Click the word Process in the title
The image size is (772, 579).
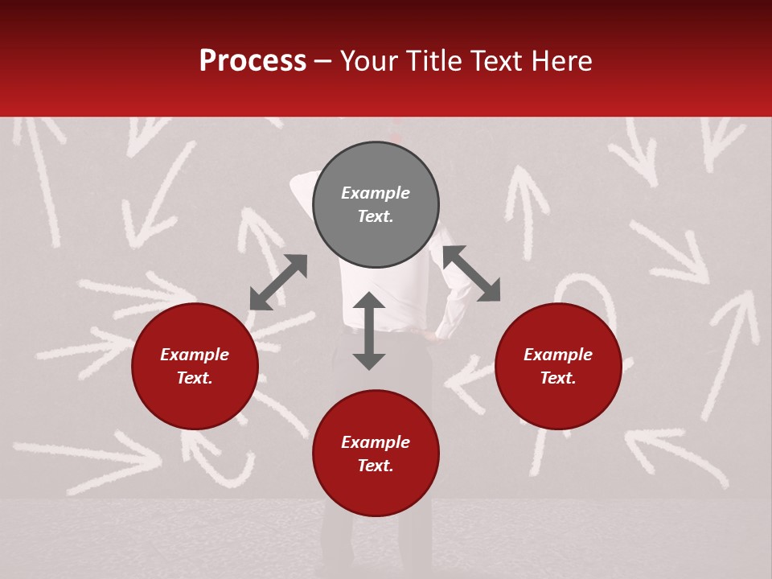(253, 61)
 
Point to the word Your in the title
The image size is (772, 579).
(370, 61)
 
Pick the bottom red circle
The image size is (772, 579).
(376, 491)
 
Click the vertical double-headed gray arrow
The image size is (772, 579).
(369, 331)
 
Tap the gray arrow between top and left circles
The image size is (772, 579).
(278, 282)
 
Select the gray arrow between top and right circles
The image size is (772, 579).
(471, 273)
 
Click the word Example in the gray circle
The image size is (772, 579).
(376, 193)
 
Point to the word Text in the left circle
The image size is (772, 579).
(195, 378)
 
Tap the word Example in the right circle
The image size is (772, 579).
(558, 355)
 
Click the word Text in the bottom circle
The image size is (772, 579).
(376, 466)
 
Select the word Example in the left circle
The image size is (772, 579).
(195, 355)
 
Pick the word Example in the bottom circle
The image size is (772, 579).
(376, 442)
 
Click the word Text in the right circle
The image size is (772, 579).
(558, 378)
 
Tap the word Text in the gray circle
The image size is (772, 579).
(376, 216)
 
